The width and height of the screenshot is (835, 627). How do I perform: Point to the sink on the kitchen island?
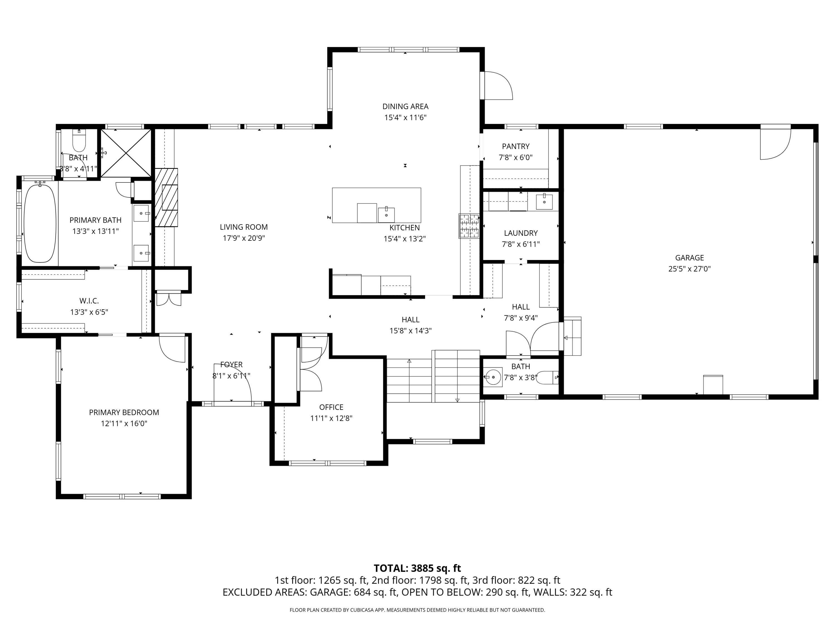(x=386, y=215)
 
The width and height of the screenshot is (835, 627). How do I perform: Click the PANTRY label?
(x=516, y=146)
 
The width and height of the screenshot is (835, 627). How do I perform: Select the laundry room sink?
(x=544, y=202)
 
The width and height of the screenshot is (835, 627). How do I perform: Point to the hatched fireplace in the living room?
(x=166, y=197)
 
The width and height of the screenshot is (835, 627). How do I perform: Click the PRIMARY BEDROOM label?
(x=124, y=412)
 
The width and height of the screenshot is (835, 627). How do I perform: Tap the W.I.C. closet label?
(x=89, y=301)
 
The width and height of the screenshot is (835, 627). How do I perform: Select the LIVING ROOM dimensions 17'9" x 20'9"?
(x=244, y=238)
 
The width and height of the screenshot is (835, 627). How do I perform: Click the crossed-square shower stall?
(x=126, y=153)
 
